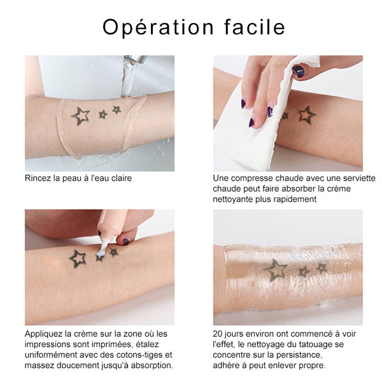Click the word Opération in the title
pos(158,27)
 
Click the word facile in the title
pos(254,26)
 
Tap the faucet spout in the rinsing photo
pos(135,59)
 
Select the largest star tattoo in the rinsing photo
pos(80,116)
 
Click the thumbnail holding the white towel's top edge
pos(299,71)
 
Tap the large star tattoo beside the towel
pos(308,115)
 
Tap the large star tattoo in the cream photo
pos(78,258)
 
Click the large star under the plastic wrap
pos(276,270)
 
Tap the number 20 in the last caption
pos(218,334)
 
